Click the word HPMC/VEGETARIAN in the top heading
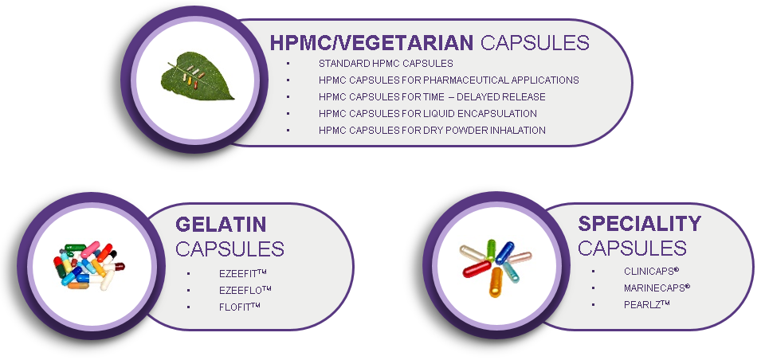click(x=371, y=43)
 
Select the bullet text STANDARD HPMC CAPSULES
click(x=386, y=64)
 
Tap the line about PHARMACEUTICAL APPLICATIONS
click(x=449, y=80)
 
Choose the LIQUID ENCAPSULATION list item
click(x=428, y=114)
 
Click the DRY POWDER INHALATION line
click(x=432, y=130)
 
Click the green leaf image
click(x=197, y=76)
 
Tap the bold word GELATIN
click(x=221, y=225)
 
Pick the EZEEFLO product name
click(x=245, y=290)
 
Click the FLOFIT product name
click(x=240, y=307)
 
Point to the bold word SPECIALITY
click(x=639, y=224)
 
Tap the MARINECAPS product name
click(x=657, y=288)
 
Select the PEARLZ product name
click(x=647, y=305)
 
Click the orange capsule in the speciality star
click(x=496, y=282)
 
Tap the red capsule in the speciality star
click(x=477, y=268)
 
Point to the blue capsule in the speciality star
click(x=504, y=252)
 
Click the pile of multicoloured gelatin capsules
click(x=88, y=265)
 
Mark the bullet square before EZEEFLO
click(x=188, y=291)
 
